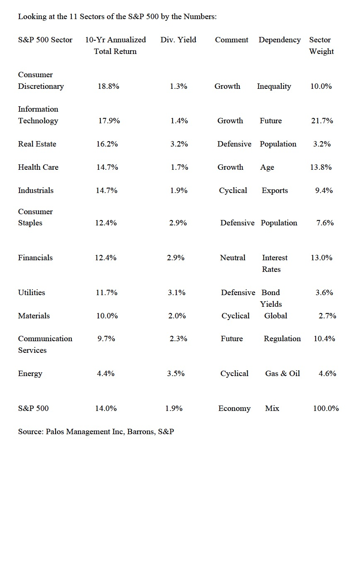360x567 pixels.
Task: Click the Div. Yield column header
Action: [x=178, y=40]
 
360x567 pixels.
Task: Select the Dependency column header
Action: [x=280, y=40]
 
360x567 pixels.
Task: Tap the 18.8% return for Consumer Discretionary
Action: [x=109, y=86]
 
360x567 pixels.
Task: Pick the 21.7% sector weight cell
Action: [x=322, y=121]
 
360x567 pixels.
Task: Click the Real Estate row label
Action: [x=37, y=144]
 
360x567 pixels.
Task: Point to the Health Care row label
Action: [x=38, y=167]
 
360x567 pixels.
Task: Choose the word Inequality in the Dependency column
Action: [x=274, y=86]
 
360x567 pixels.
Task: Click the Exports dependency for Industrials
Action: [x=275, y=191]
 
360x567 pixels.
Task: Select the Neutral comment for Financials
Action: [x=233, y=258]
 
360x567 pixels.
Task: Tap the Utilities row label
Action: [x=32, y=293]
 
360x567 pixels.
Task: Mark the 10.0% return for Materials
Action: [x=107, y=316]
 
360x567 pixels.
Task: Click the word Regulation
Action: [x=282, y=339]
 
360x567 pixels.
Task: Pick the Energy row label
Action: [x=30, y=374]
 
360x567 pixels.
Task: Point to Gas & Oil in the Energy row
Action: [x=282, y=374]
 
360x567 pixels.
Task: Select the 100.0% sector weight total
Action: [x=326, y=408]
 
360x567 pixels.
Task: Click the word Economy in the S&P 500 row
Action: [x=234, y=408]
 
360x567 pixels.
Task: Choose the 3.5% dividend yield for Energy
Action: [x=176, y=374]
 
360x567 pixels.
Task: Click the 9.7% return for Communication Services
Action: [x=106, y=339]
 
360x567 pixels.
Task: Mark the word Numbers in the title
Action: [x=202, y=17]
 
